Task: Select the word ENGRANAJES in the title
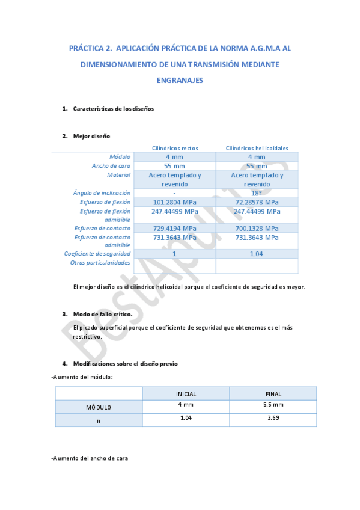180,79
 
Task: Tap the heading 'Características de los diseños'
114,109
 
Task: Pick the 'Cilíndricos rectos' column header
175,148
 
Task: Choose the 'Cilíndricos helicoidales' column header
257,148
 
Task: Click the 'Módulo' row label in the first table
120,157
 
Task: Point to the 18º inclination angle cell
257,194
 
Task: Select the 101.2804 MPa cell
175,203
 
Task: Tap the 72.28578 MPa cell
257,203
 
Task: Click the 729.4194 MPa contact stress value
175,229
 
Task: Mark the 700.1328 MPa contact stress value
257,229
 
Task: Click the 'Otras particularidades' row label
100,263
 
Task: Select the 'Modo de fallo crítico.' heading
102,315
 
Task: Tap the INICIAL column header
186,394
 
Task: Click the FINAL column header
273,394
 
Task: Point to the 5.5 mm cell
273,405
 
